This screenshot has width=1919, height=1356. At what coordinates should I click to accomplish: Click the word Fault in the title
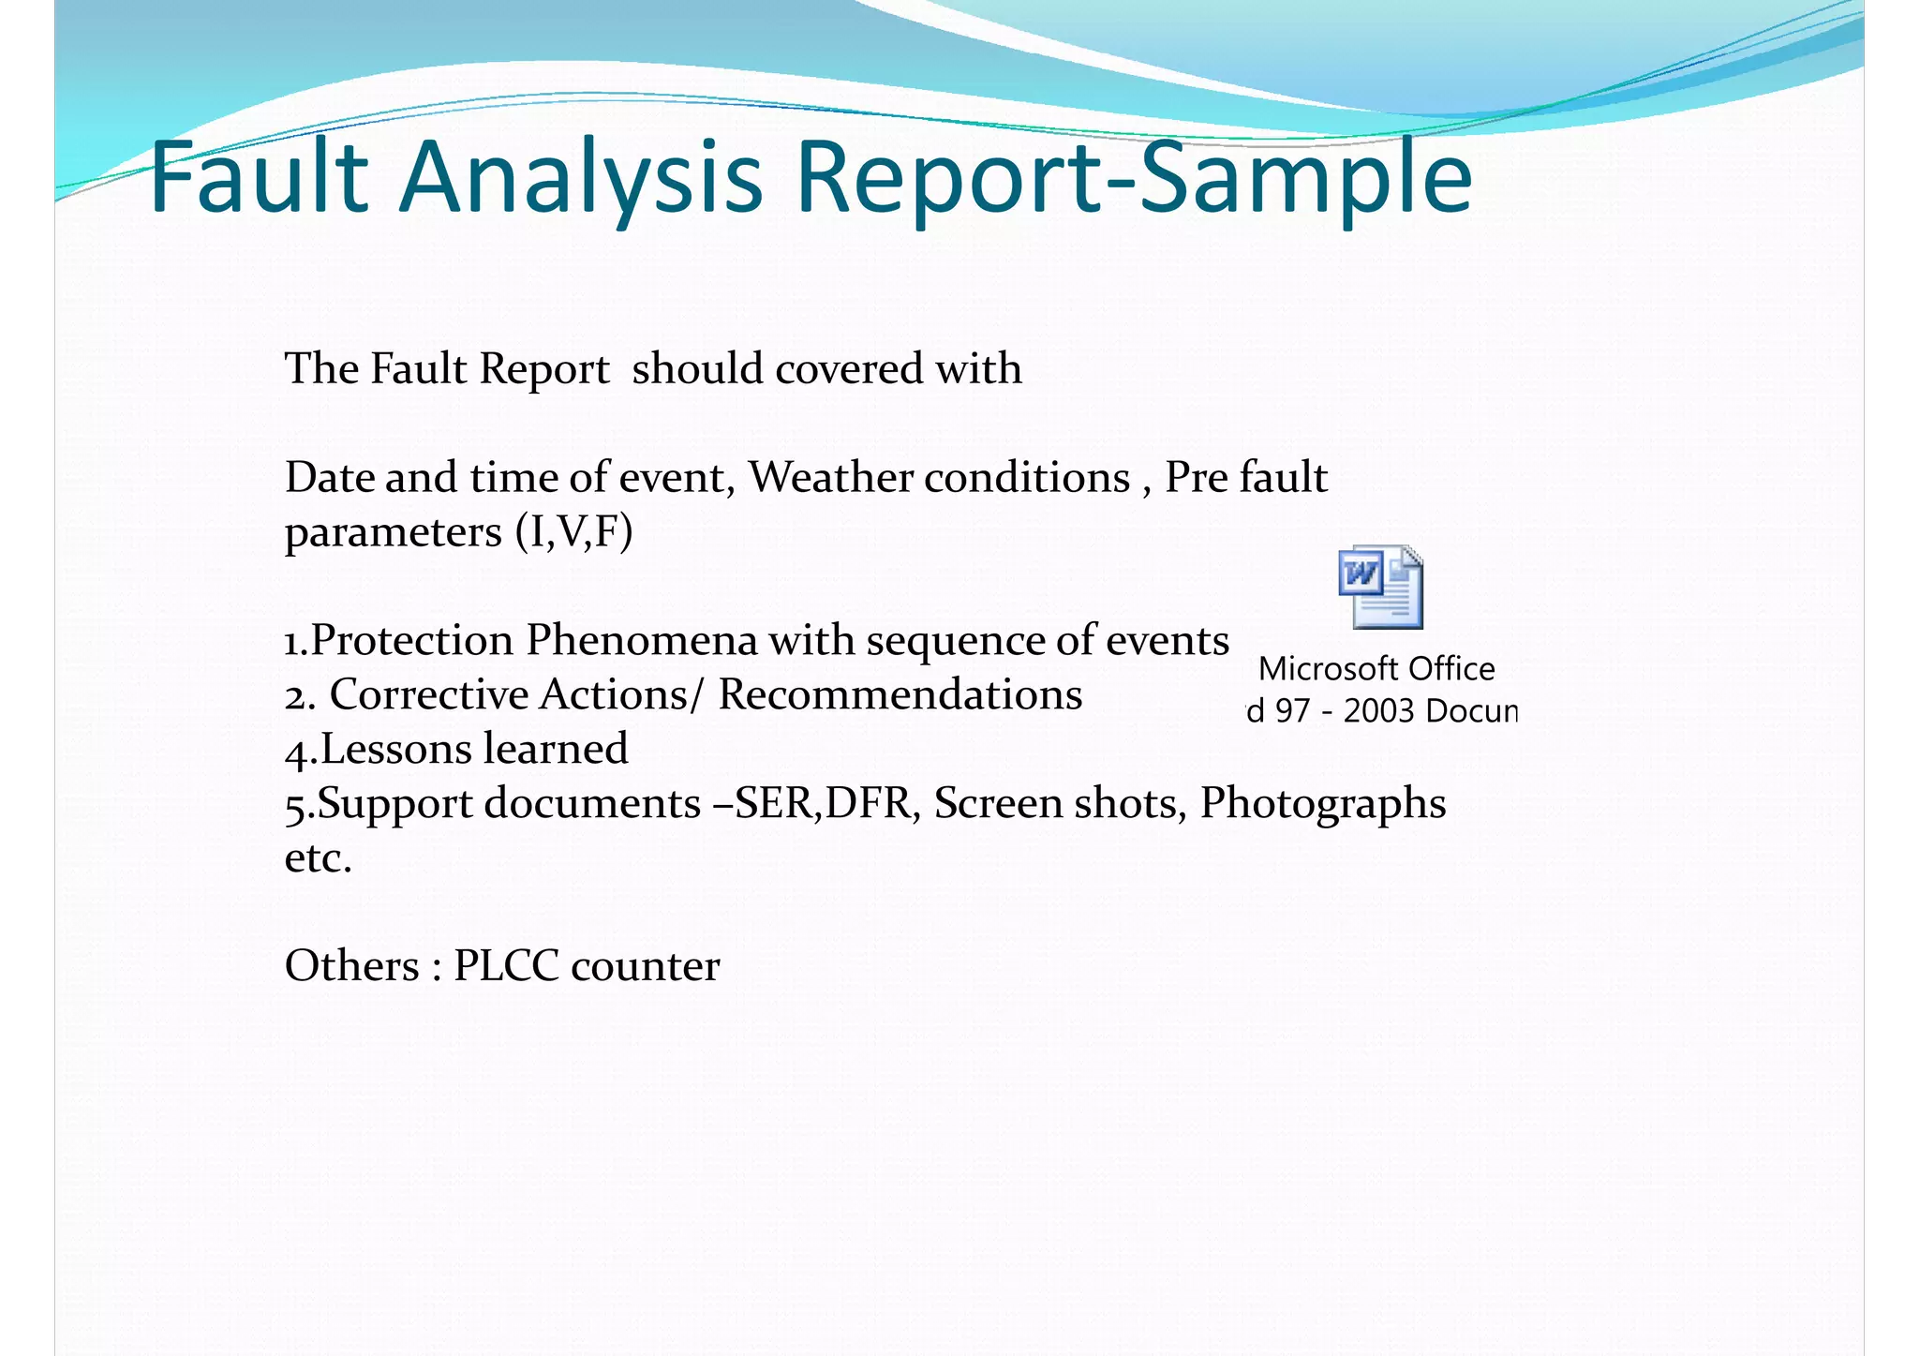tap(259, 176)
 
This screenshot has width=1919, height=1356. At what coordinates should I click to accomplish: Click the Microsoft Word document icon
tap(1380, 588)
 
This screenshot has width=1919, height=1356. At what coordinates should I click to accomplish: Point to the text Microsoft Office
tap(1376, 669)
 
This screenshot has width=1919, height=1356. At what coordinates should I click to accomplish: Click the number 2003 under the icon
tap(1377, 711)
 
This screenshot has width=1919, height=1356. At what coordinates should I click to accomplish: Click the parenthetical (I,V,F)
tap(573, 532)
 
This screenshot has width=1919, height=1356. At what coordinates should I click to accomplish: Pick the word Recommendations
tap(900, 695)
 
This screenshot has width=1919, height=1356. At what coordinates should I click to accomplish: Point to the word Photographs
tap(1322, 804)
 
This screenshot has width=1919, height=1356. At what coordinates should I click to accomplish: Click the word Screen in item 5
tap(997, 804)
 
